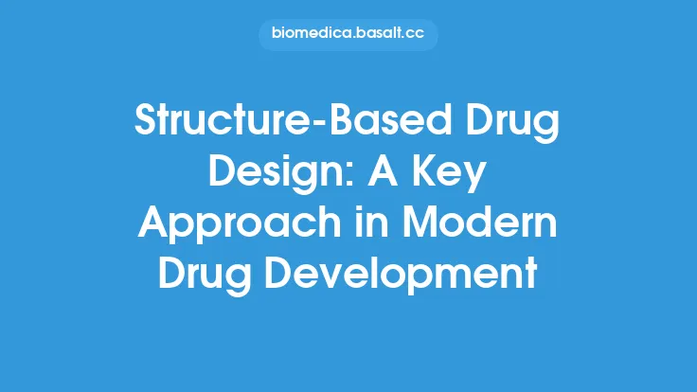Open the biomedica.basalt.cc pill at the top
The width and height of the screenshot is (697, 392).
[348, 36]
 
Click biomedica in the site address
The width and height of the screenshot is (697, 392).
[310, 36]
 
